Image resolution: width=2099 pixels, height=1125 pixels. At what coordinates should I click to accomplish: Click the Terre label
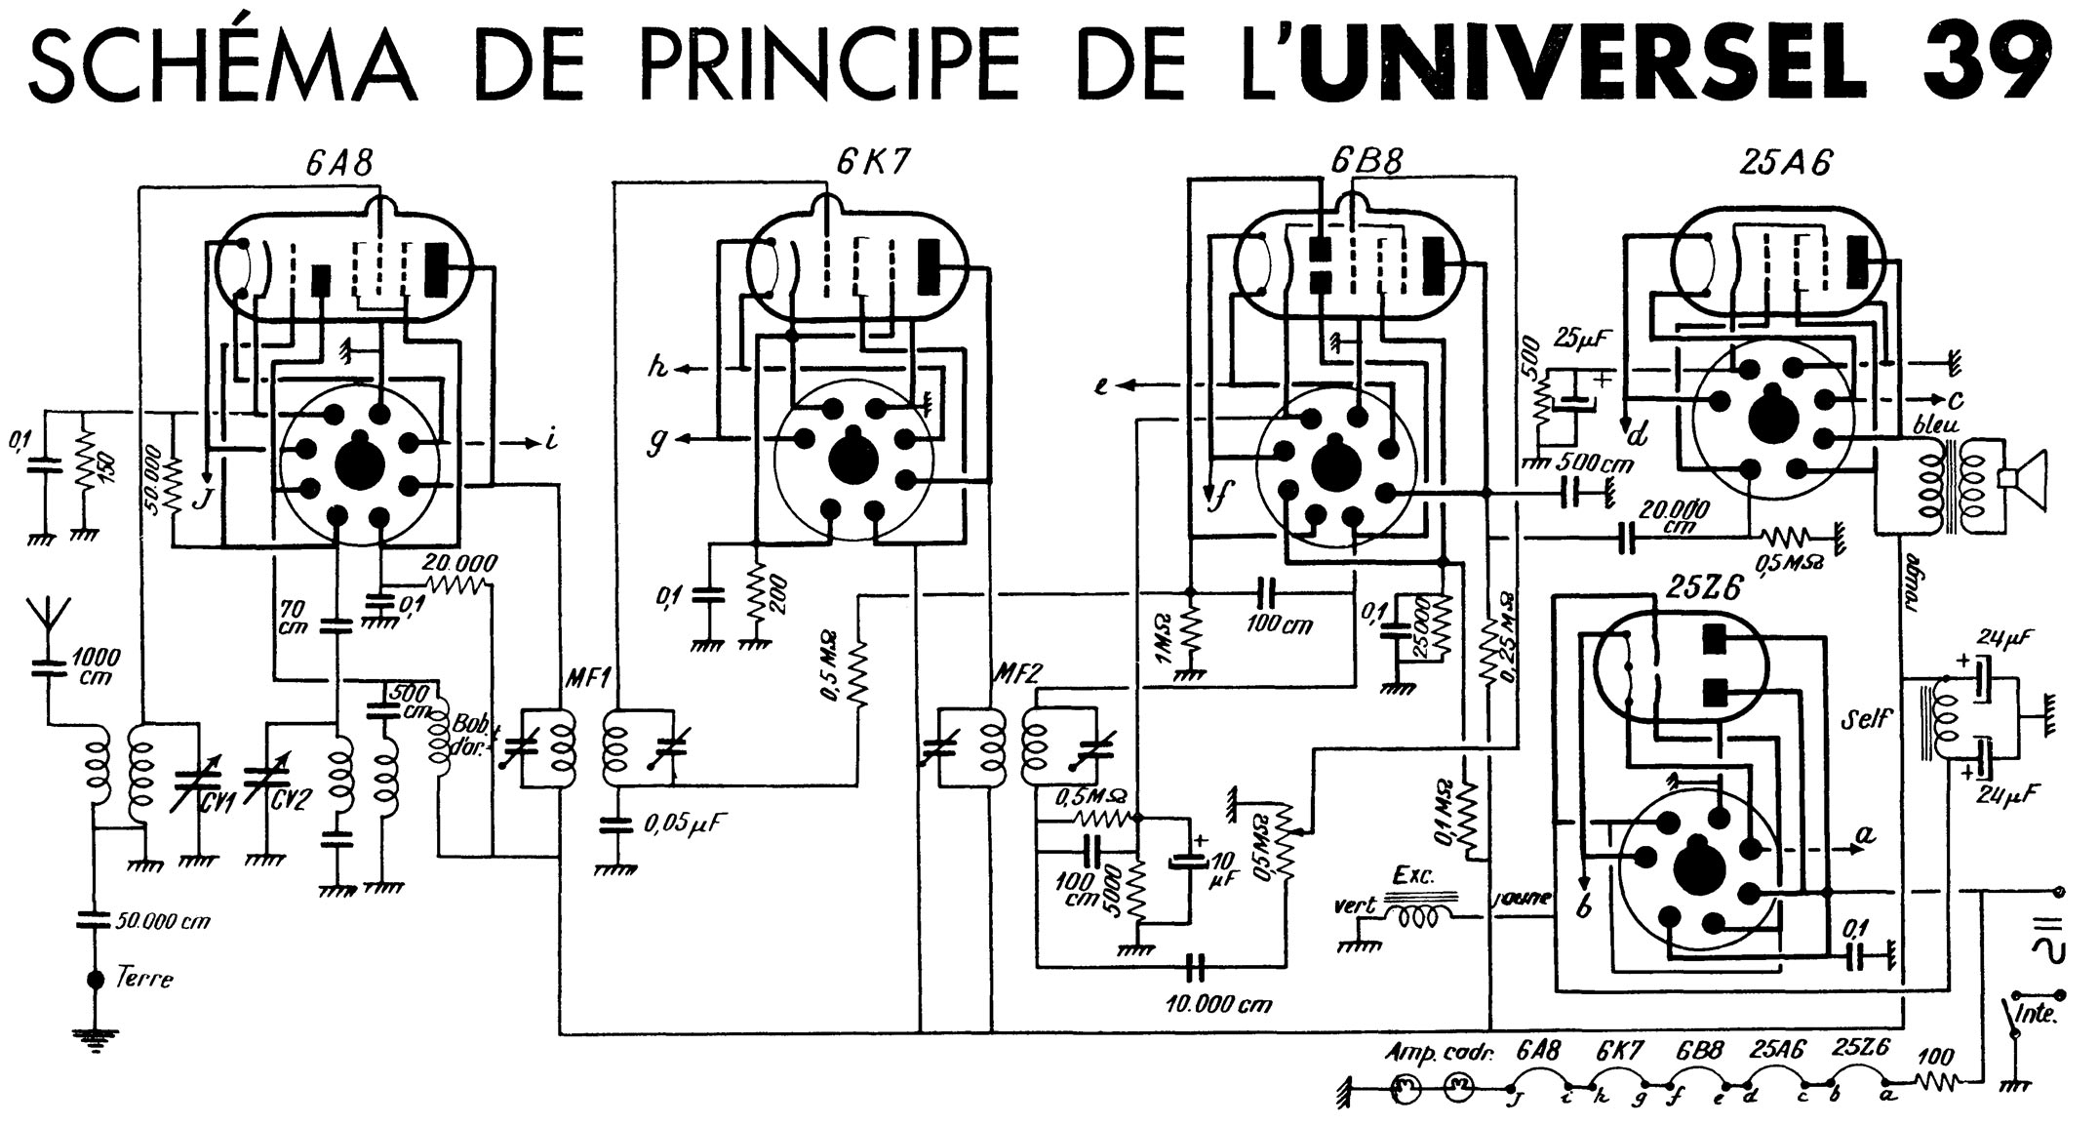[143, 978]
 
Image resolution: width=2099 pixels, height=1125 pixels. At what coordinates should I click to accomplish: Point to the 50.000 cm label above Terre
[163, 920]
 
